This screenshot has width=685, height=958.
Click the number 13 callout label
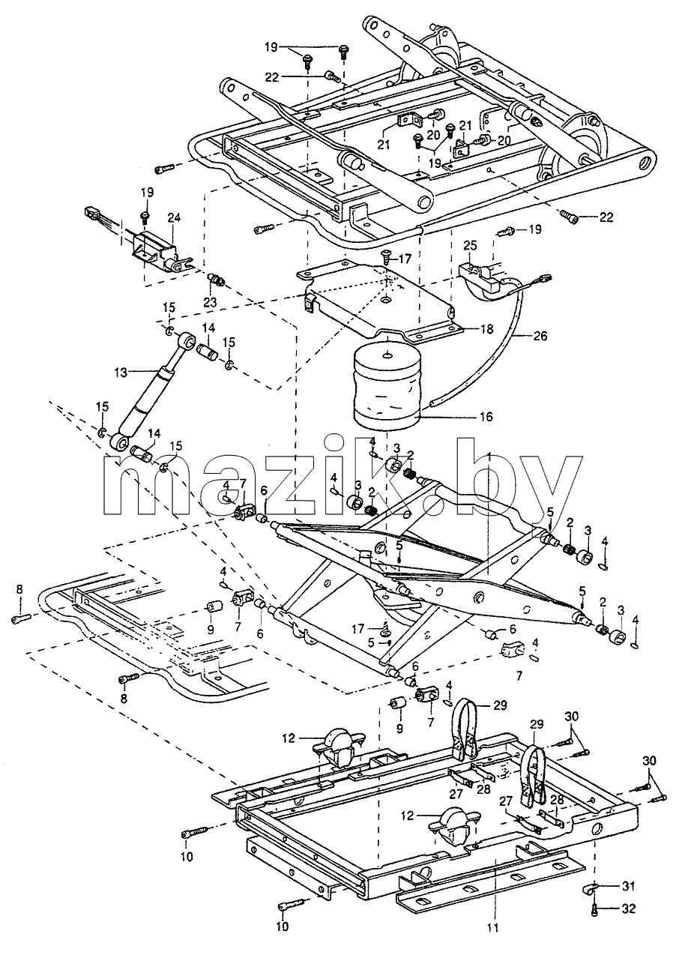[x=121, y=373]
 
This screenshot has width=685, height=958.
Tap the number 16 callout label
[x=483, y=416]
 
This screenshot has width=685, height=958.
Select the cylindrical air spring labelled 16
[x=387, y=388]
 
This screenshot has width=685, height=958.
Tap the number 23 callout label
[x=211, y=302]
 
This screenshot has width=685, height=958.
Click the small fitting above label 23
[x=217, y=280]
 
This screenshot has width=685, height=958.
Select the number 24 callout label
[x=174, y=218]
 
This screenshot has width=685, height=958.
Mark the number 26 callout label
[x=540, y=336]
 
